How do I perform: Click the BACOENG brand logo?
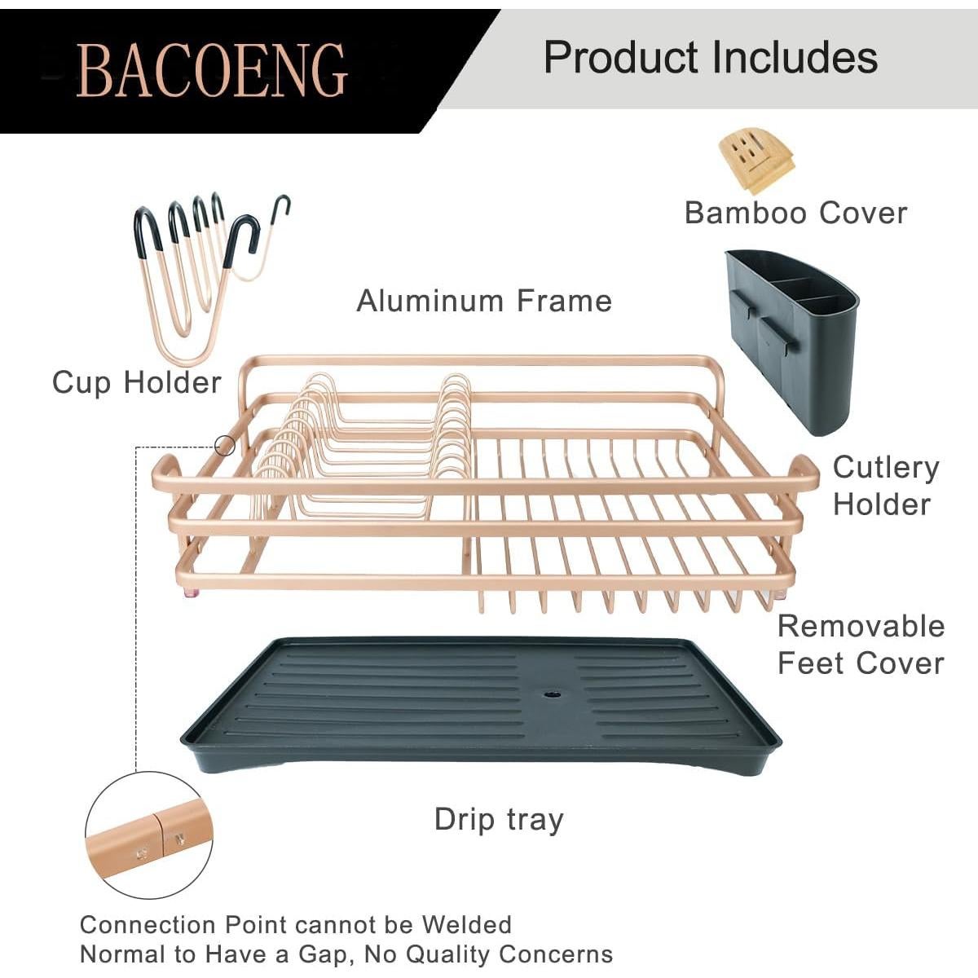click(213, 70)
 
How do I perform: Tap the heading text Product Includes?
click(710, 58)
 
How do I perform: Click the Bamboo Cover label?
click(795, 213)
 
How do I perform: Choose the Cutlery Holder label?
click(884, 486)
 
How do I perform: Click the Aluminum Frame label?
click(484, 301)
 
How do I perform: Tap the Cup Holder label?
click(137, 382)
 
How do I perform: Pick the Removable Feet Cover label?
click(861, 645)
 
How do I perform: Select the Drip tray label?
click(499, 819)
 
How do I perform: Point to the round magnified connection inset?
click(149, 836)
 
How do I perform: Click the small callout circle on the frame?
click(225, 445)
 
